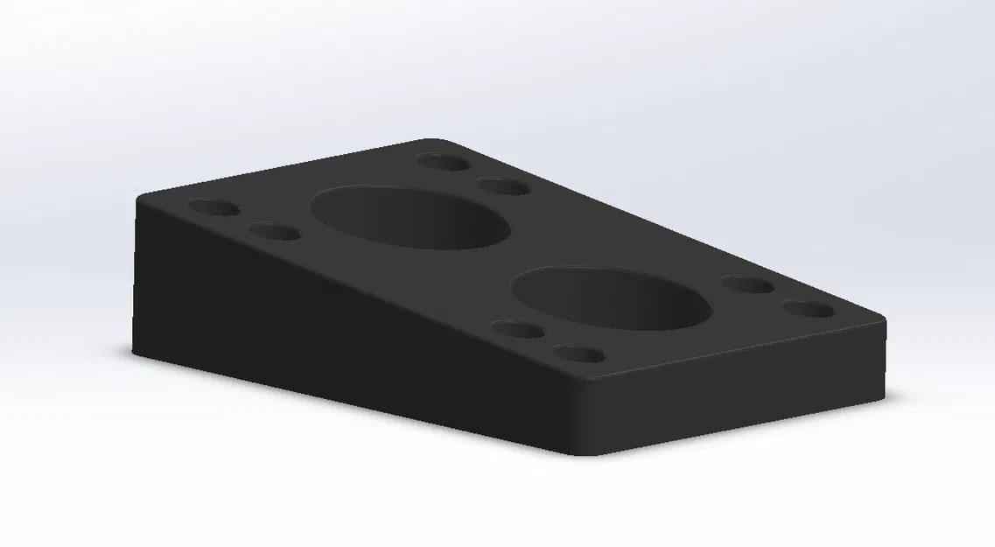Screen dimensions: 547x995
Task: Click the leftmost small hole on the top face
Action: click(214, 209)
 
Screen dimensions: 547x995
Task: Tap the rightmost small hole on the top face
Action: click(808, 310)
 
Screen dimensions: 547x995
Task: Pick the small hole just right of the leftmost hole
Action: click(274, 233)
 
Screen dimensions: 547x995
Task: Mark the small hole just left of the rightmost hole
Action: click(748, 285)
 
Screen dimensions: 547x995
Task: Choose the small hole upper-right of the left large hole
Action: click(503, 186)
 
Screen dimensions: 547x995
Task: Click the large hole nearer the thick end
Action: click(410, 217)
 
